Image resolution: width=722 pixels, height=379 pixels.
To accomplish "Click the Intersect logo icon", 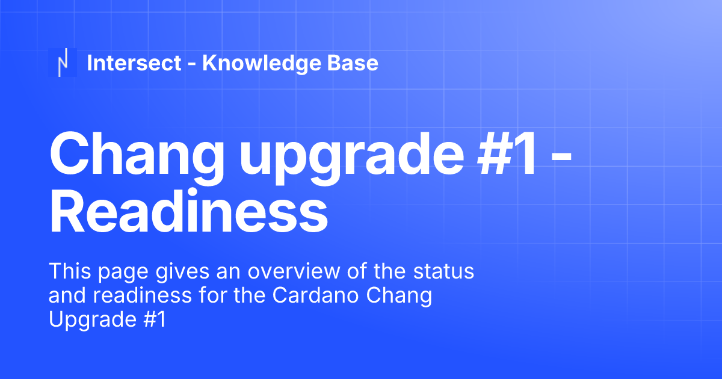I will (x=63, y=63).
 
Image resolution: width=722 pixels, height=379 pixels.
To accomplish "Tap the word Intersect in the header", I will (x=134, y=63).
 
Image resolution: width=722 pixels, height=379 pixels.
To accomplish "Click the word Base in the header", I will (x=353, y=63).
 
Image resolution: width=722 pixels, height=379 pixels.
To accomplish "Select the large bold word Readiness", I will (x=188, y=212).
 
